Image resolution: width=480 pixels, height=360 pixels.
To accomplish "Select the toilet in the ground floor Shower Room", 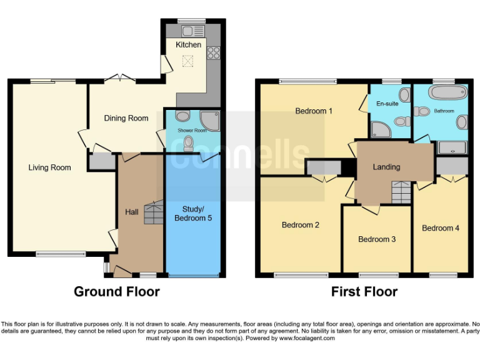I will point(189,143).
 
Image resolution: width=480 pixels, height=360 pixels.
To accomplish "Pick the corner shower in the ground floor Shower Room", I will point(209,121).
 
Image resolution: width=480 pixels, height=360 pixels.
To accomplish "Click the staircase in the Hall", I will point(152,213).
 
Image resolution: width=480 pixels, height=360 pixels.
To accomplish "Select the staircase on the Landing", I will point(401,192).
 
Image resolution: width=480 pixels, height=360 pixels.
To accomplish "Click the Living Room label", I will point(49,167).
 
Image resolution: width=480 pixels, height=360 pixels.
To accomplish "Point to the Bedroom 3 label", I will point(376,239).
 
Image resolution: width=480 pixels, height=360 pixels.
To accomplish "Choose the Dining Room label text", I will point(126,118).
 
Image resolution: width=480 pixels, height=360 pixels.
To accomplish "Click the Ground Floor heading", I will point(117,291).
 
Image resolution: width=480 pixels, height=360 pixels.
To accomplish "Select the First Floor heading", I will point(364,291).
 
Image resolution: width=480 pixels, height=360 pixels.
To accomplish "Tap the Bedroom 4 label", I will point(441,228).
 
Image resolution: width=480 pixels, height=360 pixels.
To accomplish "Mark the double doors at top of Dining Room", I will point(119,79).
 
